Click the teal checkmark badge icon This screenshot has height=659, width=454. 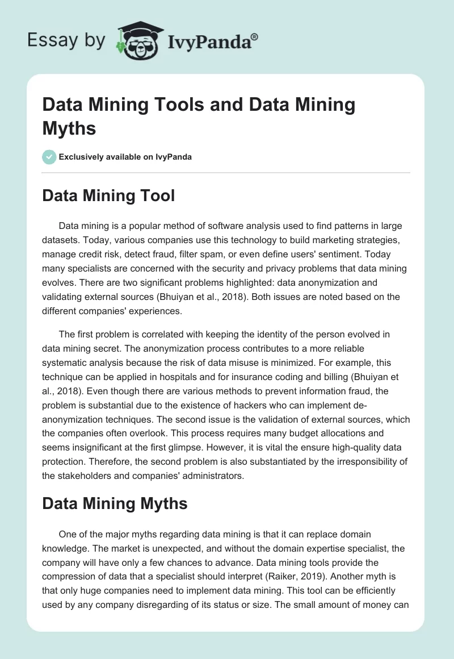click(49, 157)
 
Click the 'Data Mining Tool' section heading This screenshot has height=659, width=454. click(108, 196)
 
